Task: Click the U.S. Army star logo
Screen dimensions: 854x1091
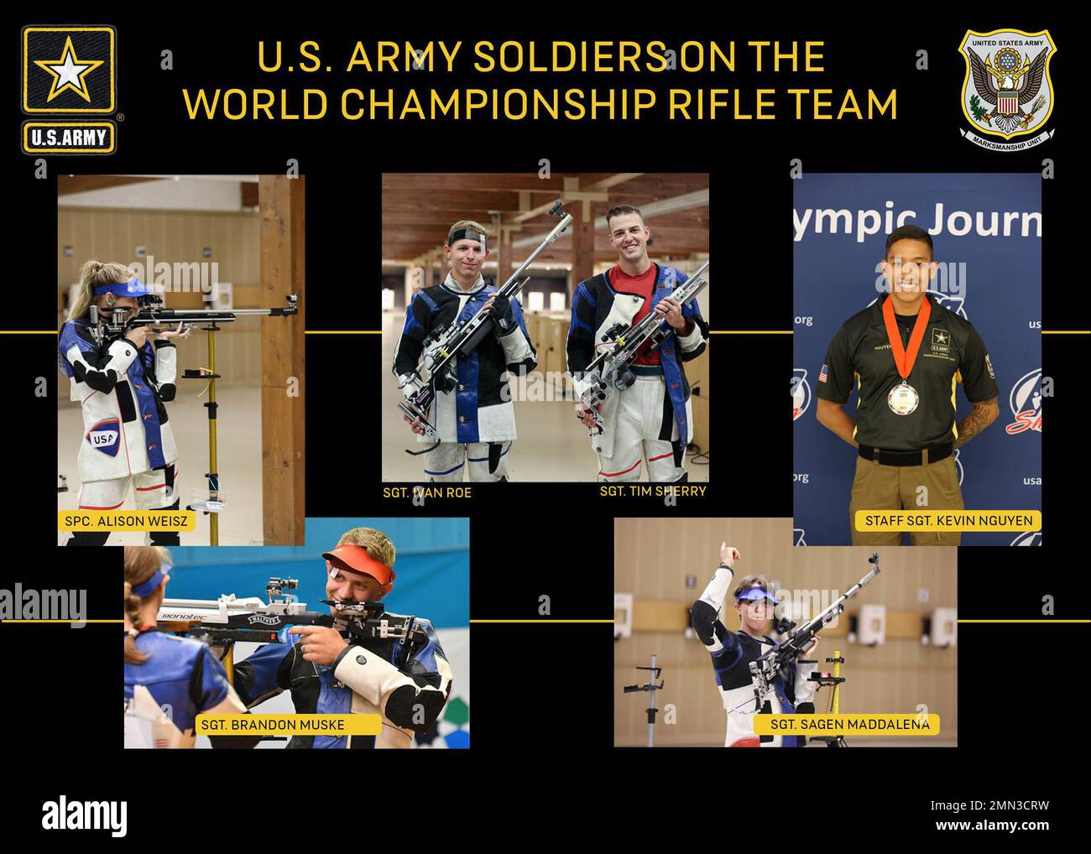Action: coord(69,89)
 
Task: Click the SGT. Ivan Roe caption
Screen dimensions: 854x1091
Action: coord(426,493)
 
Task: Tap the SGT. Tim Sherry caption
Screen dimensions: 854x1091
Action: coord(653,492)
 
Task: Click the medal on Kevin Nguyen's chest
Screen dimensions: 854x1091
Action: coord(902,393)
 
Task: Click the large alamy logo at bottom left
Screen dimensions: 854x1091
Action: coord(85,815)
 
